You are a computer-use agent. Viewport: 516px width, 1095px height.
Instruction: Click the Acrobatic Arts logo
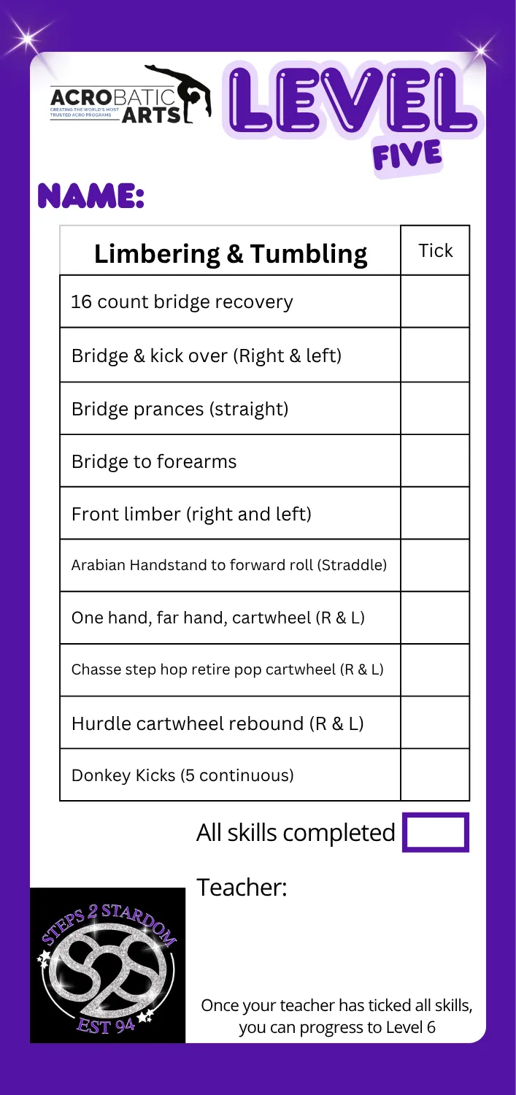click(131, 94)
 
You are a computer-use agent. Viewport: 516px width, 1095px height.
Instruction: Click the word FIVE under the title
click(407, 156)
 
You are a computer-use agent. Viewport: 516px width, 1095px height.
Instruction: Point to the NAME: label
click(91, 196)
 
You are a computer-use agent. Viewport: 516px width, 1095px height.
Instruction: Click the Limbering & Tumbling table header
click(231, 254)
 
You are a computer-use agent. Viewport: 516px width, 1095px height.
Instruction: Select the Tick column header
click(436, 250)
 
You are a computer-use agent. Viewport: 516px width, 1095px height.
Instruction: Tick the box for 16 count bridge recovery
click(435, 301)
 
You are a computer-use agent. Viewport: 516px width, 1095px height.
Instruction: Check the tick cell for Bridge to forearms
click(435, 461)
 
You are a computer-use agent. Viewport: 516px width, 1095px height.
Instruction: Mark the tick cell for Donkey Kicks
click(435, 775)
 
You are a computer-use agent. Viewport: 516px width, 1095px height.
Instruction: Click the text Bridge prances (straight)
click(180, 409)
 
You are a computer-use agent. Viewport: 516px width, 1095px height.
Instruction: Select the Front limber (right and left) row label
click(191, 514)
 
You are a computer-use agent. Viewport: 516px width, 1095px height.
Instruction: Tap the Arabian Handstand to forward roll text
click(228, 565)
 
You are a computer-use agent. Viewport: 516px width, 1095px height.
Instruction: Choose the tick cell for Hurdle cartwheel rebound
click(435, 723)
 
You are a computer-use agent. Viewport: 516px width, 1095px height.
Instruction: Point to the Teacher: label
click(242, 887)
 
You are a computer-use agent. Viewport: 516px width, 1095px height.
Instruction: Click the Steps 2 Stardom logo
click(107, 965)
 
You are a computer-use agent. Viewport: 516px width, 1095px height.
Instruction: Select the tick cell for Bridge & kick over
click(435, 355)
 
